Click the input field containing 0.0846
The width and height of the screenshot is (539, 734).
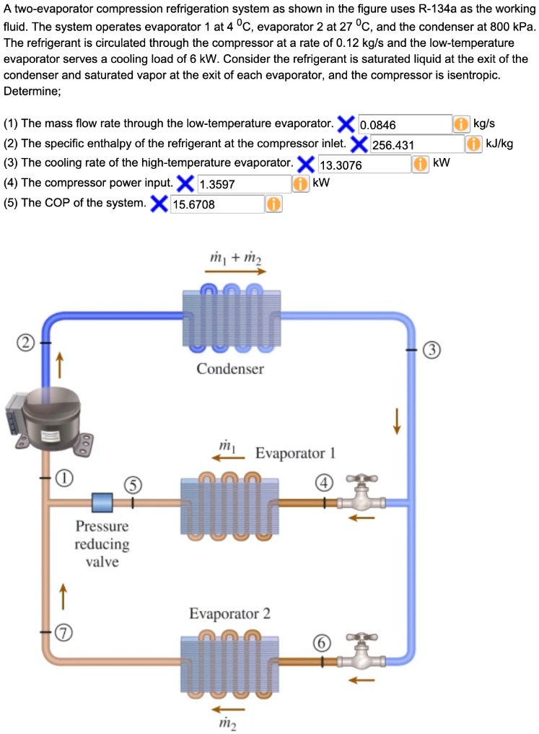tap(404, 124)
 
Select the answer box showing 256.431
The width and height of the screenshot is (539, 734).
tap(416, 144)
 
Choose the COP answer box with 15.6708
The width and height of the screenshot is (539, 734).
tap(216, 204)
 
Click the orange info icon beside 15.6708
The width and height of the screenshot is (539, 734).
tap(273, 204)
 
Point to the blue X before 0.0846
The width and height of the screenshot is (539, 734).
tap(346, 123)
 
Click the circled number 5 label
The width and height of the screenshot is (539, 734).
tap(132, 485)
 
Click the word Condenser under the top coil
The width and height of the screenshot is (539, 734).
tap(230, 369)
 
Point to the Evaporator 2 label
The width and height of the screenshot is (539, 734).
tap(229, 614)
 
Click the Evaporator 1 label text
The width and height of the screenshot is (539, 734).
tap(295, 453)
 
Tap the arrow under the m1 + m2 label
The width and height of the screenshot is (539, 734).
tap(235, 271)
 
